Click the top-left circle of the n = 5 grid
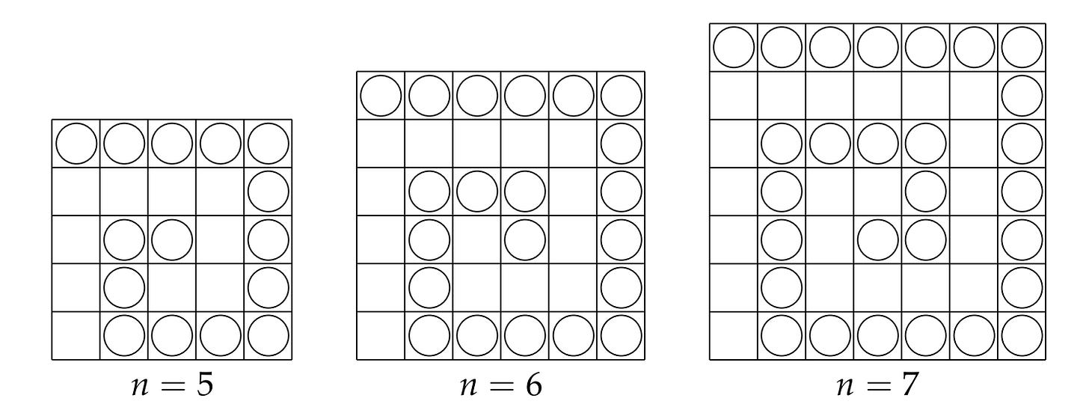76,144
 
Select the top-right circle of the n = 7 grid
1022,48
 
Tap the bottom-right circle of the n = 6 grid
621,336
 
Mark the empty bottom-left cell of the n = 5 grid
76,336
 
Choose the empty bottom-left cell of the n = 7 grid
734,336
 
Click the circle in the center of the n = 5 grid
172,239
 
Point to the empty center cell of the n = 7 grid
878,192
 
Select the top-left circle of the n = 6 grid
381,96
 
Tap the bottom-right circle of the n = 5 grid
268,336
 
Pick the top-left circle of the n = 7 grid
734,48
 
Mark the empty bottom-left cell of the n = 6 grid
381,336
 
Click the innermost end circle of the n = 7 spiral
878,239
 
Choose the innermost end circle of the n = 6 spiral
525,239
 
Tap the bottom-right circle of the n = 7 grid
1022,336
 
